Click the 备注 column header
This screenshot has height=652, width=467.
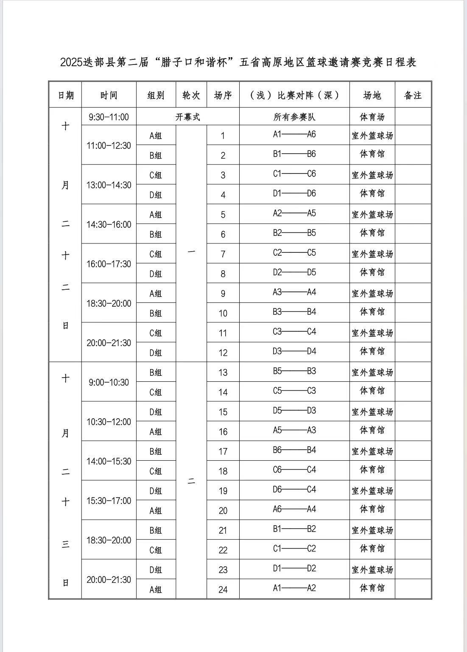[x=413, y=95]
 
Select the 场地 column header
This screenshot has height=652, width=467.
[x=372, y=95]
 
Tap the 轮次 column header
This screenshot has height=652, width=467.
[x=191, y=95]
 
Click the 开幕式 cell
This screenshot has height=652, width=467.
[x=187, y=117]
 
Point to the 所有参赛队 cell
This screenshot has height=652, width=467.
[x=294, y=117]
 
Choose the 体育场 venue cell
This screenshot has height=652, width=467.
[x=372, y=117]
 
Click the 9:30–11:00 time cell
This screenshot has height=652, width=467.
[x=109, y=117]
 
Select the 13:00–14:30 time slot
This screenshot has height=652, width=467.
[x=109, y=185]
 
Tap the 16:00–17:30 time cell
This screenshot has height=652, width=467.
[x=109, y=264]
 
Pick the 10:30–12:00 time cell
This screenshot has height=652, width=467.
[x=109, y=422]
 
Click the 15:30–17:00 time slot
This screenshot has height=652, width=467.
[x=109, y=501]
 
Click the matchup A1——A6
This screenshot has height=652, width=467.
[x=294, y=134]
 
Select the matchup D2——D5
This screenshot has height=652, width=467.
[x=294, y=272]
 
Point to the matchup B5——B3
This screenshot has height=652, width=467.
[x=294, y=371]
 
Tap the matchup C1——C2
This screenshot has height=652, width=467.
[x=294, y=548]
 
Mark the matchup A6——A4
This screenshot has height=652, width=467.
[x=294, y=509]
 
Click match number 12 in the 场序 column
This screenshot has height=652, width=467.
[x=223, y=353]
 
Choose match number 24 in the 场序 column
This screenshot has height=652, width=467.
[x=223, y=589]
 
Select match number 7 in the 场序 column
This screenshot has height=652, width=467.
[x=223, y=254]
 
